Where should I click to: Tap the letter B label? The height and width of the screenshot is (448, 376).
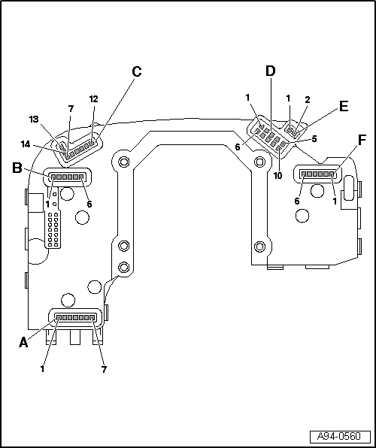click(17, 168)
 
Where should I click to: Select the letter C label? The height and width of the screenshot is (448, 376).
click(136, 72)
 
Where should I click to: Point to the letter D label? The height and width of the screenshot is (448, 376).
click(271, 71)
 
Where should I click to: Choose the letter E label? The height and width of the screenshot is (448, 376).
click(343, 106)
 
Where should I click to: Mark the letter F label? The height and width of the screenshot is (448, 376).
click(362, 141)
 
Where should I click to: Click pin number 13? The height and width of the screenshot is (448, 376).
click(35, 120)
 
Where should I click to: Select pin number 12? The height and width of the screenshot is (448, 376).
click(94, 99)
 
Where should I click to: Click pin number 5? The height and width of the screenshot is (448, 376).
click(315, 139)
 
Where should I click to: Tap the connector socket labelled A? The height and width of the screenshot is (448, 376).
click(75, 317)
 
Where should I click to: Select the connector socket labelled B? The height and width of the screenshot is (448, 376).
click(67, 179)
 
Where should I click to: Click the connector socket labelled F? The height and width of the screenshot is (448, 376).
click(318, 173)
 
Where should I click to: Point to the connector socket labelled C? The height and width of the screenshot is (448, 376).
click(79, 148)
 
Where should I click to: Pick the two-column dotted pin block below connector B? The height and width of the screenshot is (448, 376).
click(53, 229)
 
